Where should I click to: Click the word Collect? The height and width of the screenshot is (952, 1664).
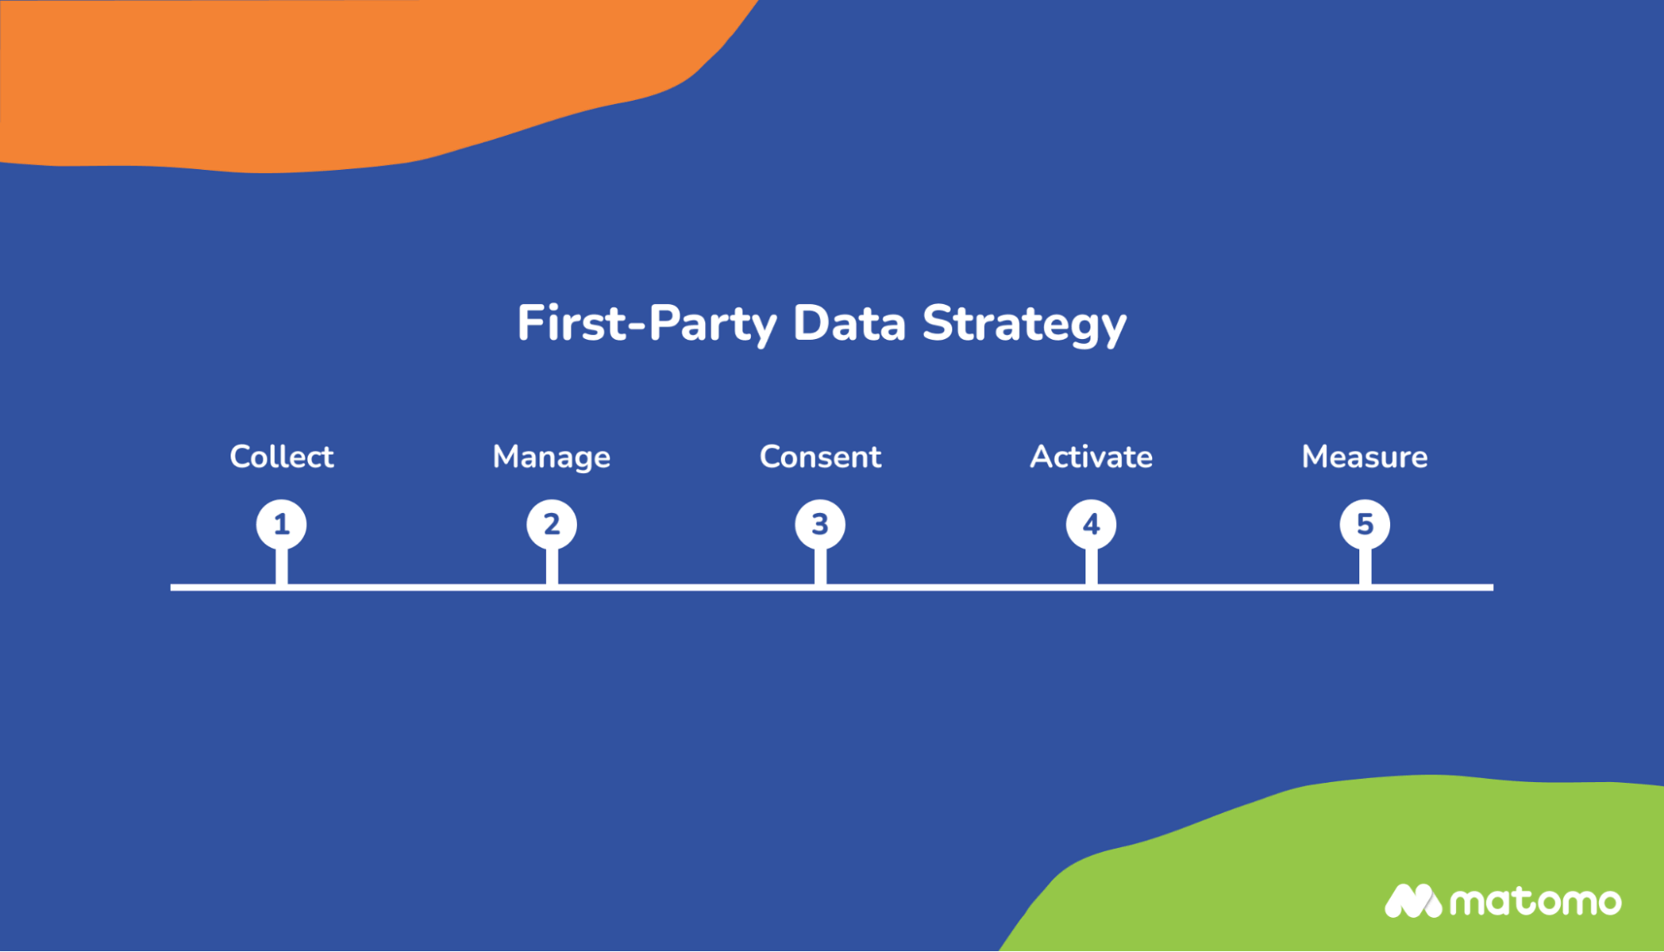pyautogui.click(x=281, y=456)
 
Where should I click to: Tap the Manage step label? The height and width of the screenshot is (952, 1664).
pyautogui.click(x=551, y=457)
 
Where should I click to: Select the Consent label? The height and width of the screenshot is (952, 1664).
pyautogui.click(x=820, y=456)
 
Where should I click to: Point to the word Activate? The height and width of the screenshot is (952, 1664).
pyautogui.click(x=1090, y=456)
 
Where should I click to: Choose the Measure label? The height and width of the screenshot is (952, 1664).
pyautogui.click(x=1364, y=456)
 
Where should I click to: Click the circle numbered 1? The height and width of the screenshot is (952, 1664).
pyautogui.click(x=281, y=524)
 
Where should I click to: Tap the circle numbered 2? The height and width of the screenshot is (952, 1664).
pyautogui.click(x=551, y=524)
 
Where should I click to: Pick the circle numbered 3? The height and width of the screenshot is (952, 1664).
pyautogui.click(x=820, y=524)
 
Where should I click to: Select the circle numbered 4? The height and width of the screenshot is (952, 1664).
pyautogui.click(x=1090, y=524)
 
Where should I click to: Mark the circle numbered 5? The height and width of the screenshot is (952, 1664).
pyautogui.click(x=1364, y=524)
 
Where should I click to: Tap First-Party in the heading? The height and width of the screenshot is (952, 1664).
pyautogui.click(x=646, y=323)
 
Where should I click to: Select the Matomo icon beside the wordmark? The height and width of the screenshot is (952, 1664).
pyautogui.click(x=1412, y=901)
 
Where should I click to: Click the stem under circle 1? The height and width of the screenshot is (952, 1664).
pyautogui.click(x=281, y=567)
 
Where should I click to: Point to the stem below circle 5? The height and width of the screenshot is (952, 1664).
pyautogui.click(x=1364, y=567)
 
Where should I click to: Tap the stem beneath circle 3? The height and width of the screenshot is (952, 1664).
pyautogui.click(x=820, y=567)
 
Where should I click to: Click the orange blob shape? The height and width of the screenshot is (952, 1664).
pyautogui.click(x=333, y=75)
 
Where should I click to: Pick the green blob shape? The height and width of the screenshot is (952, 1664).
pyautogui.click(x=1373, y=858)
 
